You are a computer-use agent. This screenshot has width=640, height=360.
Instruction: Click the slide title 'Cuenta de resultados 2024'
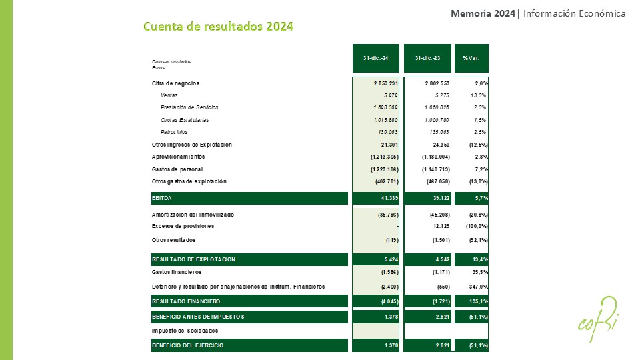coord(219,27)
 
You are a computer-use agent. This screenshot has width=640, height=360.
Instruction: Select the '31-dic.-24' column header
coord(376,58)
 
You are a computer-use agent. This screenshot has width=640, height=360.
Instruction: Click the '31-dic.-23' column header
coord(427,58)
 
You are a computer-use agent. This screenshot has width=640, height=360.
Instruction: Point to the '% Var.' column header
coord(471,58)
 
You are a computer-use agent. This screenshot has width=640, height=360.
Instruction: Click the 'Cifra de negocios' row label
coord(175,83)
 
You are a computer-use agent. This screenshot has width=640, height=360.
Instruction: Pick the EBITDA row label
coord(162,198)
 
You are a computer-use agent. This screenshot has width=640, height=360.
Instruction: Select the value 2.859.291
coord(386,83)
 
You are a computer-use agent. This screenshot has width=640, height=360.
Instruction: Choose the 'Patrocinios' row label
coord(174,132)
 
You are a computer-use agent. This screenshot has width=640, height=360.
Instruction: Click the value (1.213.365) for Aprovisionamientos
coord(385,157)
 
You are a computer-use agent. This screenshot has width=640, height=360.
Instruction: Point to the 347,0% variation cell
coord(478,287)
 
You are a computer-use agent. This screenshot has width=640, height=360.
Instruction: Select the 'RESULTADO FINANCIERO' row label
coord(183,301)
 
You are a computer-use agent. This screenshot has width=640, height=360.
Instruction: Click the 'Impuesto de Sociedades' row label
coord(185,331)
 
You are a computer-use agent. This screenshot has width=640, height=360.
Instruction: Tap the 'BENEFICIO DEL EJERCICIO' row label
coord(187,345)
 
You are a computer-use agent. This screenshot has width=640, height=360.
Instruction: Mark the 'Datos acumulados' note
coord(171,61)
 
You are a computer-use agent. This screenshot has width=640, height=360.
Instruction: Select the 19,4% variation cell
coord(479,259)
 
